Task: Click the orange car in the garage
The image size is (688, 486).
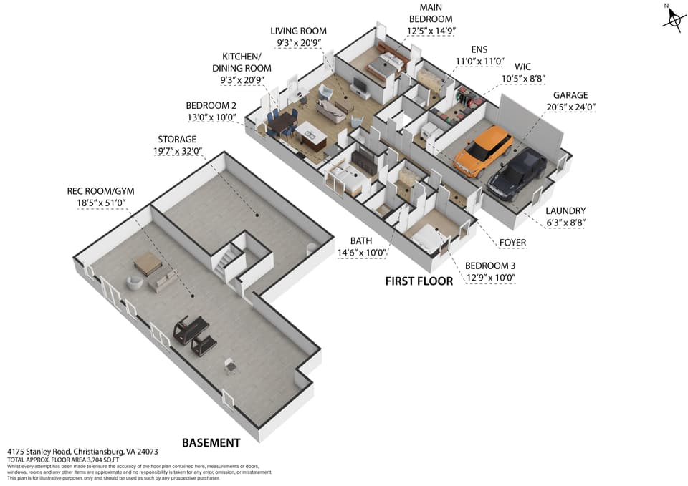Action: click(483, 151)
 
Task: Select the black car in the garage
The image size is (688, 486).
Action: click(517, 175)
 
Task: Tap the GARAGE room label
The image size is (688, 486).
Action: click(570, 95)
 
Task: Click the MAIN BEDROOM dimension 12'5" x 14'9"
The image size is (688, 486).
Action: click(431, 31)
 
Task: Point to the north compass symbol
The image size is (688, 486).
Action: click(674, 17)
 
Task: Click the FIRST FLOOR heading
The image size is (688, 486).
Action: click(419, 281)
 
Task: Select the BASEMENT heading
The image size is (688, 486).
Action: click(211, 442)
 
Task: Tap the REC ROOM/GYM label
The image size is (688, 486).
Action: click(100, 191)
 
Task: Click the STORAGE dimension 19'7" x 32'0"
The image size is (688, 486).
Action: click(178, 151)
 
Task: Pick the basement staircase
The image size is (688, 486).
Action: click(226, 258)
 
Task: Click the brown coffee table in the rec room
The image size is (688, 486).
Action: click(147, 263)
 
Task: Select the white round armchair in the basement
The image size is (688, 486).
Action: click(135, 282)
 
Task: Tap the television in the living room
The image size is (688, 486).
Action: click(359, 84)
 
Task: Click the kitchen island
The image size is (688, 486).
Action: click(310, 135)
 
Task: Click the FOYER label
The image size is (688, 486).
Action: click(512, 243)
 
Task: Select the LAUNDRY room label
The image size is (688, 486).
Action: click(565, 210)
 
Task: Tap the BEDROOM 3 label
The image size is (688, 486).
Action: click(490, 266)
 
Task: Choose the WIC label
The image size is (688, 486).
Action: click(522, 67)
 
